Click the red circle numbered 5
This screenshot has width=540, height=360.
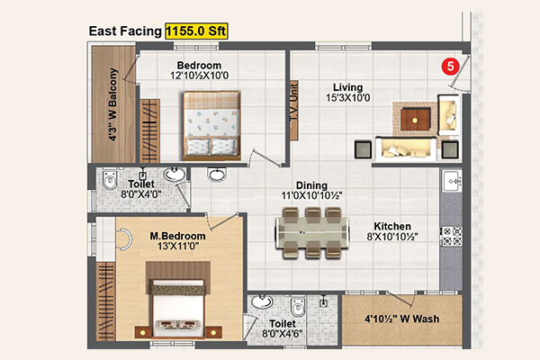coord(451,66)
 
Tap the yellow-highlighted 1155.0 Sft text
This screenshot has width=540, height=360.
coord(196,31)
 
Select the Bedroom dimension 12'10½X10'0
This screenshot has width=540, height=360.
coord(200,76)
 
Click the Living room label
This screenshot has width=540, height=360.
coord(347,87)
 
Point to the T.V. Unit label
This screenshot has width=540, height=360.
coord(293,103)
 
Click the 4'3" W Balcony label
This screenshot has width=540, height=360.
coord(113,104)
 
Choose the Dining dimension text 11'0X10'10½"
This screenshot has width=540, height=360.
coord(311,195)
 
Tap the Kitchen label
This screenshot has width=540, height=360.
coord(392,226)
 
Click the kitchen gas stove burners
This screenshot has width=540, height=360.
coord(452,236)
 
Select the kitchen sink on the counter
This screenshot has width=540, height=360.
coord(453,181)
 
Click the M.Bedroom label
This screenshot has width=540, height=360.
coord(177,236)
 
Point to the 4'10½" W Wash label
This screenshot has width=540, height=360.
coord(402,319)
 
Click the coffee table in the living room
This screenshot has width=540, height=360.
coord(415,120)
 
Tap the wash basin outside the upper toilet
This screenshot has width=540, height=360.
coord(217,175)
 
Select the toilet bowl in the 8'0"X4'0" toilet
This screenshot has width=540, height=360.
coord(110,178)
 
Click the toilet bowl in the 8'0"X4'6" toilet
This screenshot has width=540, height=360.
coord(298,307)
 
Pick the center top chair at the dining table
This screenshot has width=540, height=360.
coord(313,215)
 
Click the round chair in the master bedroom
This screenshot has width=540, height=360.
coord(124,238)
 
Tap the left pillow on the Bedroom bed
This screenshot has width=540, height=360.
coord(198,147)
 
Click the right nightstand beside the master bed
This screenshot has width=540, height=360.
coord(213,332)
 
